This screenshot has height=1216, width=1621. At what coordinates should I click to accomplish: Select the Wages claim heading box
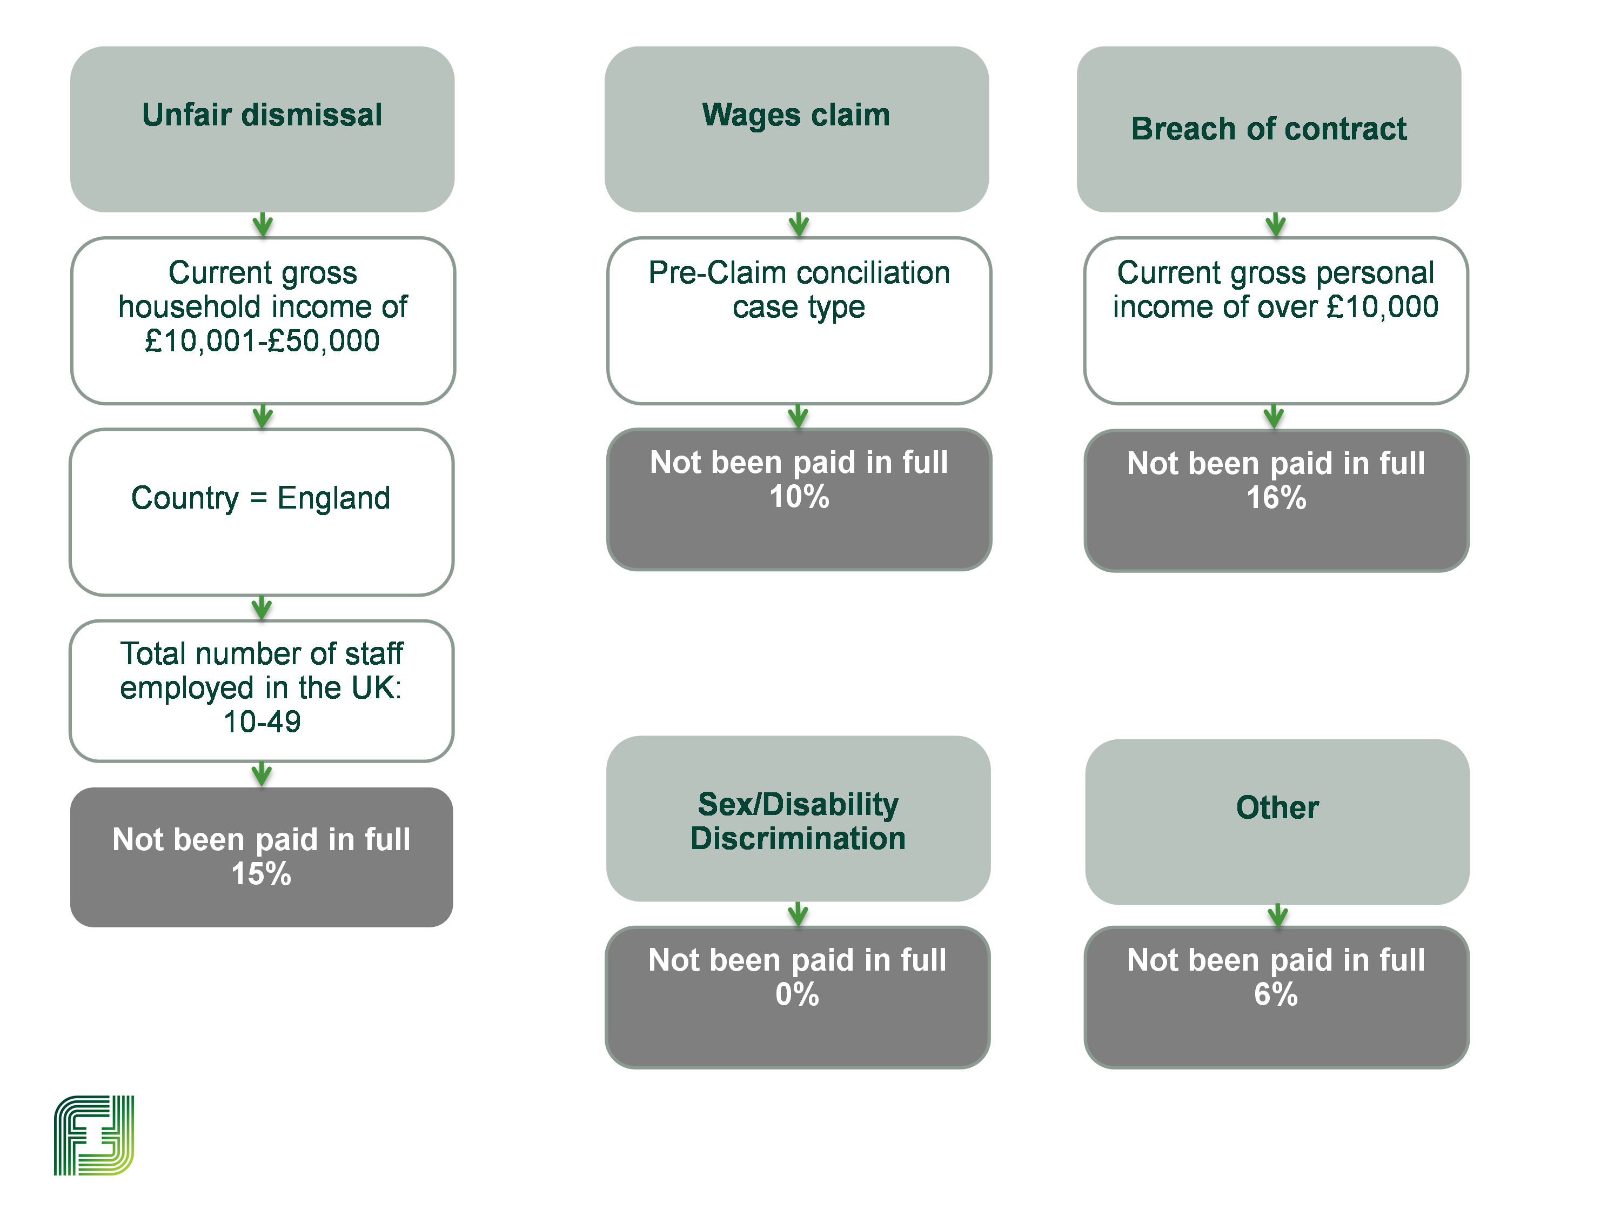pyautogui.click(x=796, y=129)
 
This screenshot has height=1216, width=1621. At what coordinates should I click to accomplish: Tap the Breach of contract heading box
pyautogui.click(x=1269, y=129)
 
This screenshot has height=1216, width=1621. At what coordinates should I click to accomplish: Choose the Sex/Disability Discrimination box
pyautogui.click(x=798, y=819)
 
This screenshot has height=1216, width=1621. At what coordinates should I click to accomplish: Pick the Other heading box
pyautogui.click(x=1277, y=821)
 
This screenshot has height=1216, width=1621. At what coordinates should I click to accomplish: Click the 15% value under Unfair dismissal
pyautogui.click(x=262, y=874)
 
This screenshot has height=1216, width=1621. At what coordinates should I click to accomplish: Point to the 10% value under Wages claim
pyautogui.click(x=799, y=497)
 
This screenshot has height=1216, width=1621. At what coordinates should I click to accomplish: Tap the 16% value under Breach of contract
pyautogui.click(x=1276, y=498)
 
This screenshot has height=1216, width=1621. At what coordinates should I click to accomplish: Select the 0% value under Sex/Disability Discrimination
pyautogui.click(x=798, y=994)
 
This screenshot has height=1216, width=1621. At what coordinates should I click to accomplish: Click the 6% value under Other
pyautogui.click(x=1276, y=994)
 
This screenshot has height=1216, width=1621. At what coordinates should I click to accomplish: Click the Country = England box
pyautogui.click(x=262, y=512)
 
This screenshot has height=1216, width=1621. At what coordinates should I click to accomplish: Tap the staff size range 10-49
pyautogui.click(x=262, y=722)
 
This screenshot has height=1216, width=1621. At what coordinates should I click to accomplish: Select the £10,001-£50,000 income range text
pyautogui.click(x=262, y=341)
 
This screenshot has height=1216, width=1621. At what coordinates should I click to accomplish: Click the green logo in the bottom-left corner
pyautogui.click(x=94, y=1135)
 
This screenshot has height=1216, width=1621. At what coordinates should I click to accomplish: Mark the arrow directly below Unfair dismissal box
pyautogui.click(x=263, y=225)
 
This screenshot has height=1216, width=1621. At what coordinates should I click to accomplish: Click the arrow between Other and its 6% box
pyautogui.click(x=1277, y=916)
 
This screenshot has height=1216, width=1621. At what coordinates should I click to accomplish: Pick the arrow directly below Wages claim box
pyautogui.click(x=798, y=225)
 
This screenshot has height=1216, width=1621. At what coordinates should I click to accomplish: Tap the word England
pyautogui.click(x=333, y=498)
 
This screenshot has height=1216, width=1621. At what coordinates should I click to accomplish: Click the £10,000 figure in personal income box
pyautogui.click(x=1383, y=307)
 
